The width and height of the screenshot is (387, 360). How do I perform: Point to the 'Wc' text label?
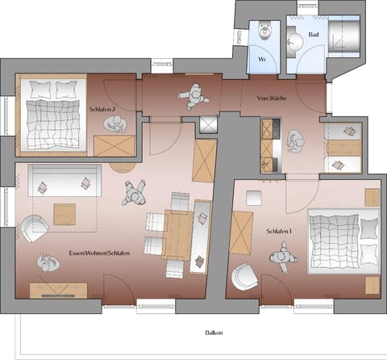point(262,61)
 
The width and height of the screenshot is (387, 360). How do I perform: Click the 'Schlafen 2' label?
point(102,107)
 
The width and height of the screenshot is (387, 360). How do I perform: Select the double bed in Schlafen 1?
point(336,238)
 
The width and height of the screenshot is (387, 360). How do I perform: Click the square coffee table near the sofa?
point(64,214)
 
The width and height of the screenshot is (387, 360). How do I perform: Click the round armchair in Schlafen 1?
point(243,278)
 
